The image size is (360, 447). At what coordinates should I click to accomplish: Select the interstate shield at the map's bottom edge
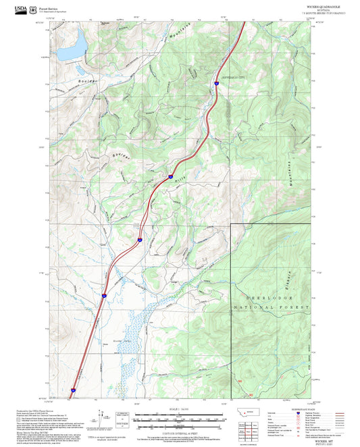(74, 390)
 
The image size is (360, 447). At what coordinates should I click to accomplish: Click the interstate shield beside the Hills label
(170, 178)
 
